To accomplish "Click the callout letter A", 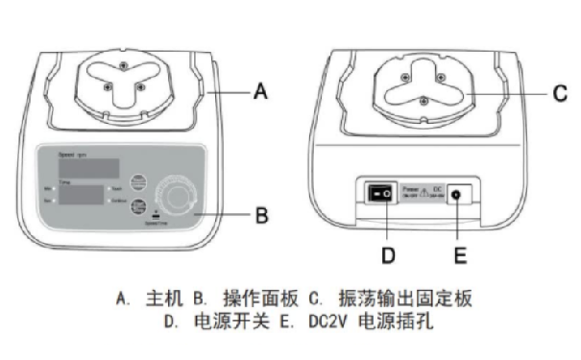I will click(257, 93).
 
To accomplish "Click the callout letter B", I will click(257, 215).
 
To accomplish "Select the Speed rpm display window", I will click(88, 167).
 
